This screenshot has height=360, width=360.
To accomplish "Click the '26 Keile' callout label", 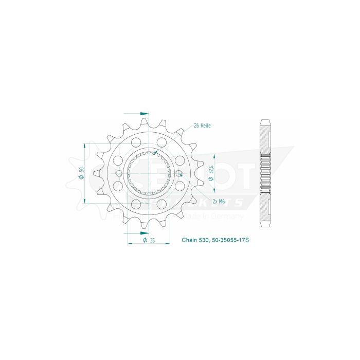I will click(202, 125).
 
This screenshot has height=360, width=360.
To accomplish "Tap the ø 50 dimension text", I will click(82, 173).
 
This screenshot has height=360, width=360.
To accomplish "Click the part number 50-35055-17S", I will click(229, 240).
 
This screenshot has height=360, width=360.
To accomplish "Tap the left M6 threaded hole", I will click(119, 173).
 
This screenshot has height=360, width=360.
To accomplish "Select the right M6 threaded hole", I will click(178, 173).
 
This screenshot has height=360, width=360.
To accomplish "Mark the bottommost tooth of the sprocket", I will click(149, 227).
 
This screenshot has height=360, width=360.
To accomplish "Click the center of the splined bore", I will click(149, 173).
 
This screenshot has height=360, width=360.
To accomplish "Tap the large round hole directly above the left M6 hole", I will click(118, 160).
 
